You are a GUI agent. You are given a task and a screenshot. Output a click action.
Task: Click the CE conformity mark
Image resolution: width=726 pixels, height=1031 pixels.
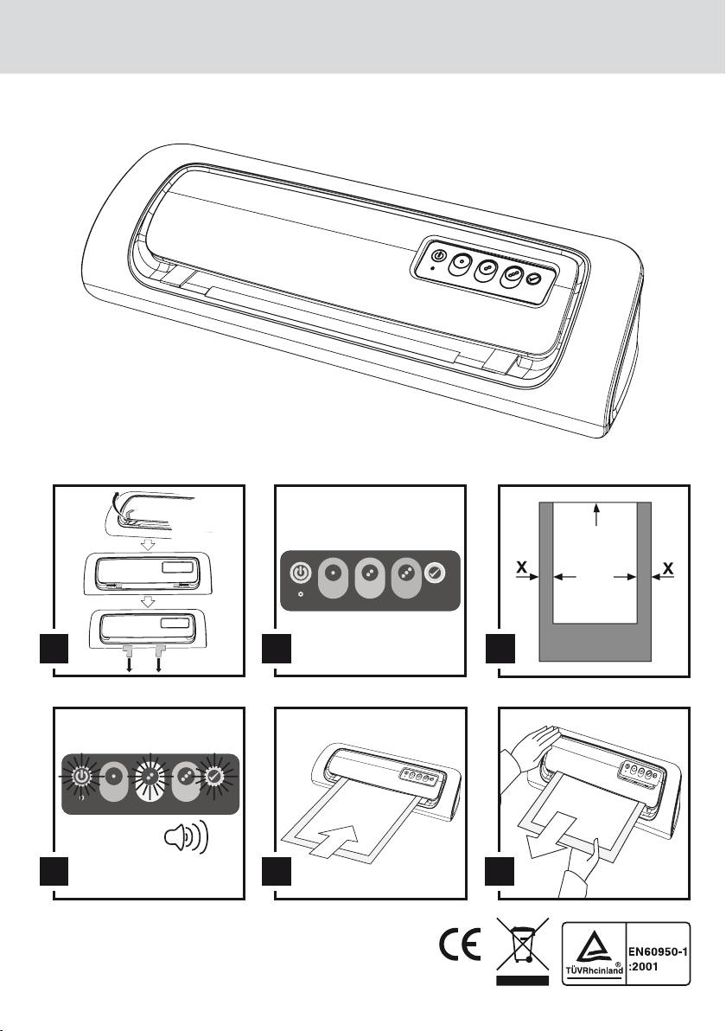point(460,945)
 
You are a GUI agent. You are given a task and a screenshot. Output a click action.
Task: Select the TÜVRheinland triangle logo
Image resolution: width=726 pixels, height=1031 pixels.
point(594,947)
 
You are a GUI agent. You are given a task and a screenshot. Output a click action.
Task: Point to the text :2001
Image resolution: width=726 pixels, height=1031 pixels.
point(644,967)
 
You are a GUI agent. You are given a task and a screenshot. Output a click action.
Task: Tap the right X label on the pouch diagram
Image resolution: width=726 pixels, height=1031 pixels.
point(668,567)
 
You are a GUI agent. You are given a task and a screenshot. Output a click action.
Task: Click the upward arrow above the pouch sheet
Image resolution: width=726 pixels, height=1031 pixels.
point(595,514)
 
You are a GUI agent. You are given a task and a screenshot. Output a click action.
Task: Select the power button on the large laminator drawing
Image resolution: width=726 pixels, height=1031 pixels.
point(440,256)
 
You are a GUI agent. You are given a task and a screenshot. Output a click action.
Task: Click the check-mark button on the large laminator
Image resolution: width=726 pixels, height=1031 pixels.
point(533,279)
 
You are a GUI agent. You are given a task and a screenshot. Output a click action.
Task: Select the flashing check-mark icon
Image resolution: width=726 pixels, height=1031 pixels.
point(215,777)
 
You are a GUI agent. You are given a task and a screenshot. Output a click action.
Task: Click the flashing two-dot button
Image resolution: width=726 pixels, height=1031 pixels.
point(150,778)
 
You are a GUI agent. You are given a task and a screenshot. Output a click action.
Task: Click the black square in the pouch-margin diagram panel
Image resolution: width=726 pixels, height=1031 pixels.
point(500,649)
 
